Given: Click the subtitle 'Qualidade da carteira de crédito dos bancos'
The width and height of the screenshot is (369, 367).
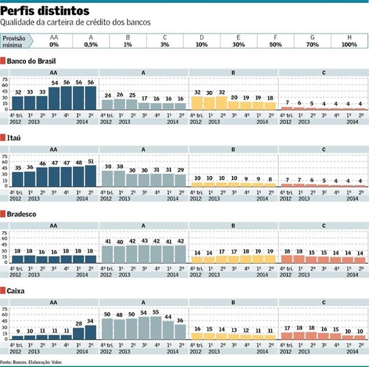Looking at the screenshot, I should (x=75, y=23).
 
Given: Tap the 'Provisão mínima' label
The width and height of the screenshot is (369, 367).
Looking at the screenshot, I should (x=16, y=41).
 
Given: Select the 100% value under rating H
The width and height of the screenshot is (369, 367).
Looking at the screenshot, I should (x=349, y=45).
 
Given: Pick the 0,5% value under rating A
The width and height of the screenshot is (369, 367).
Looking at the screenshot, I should (x=91, y=45).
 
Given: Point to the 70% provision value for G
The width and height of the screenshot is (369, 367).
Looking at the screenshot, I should (x=312, y=45).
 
